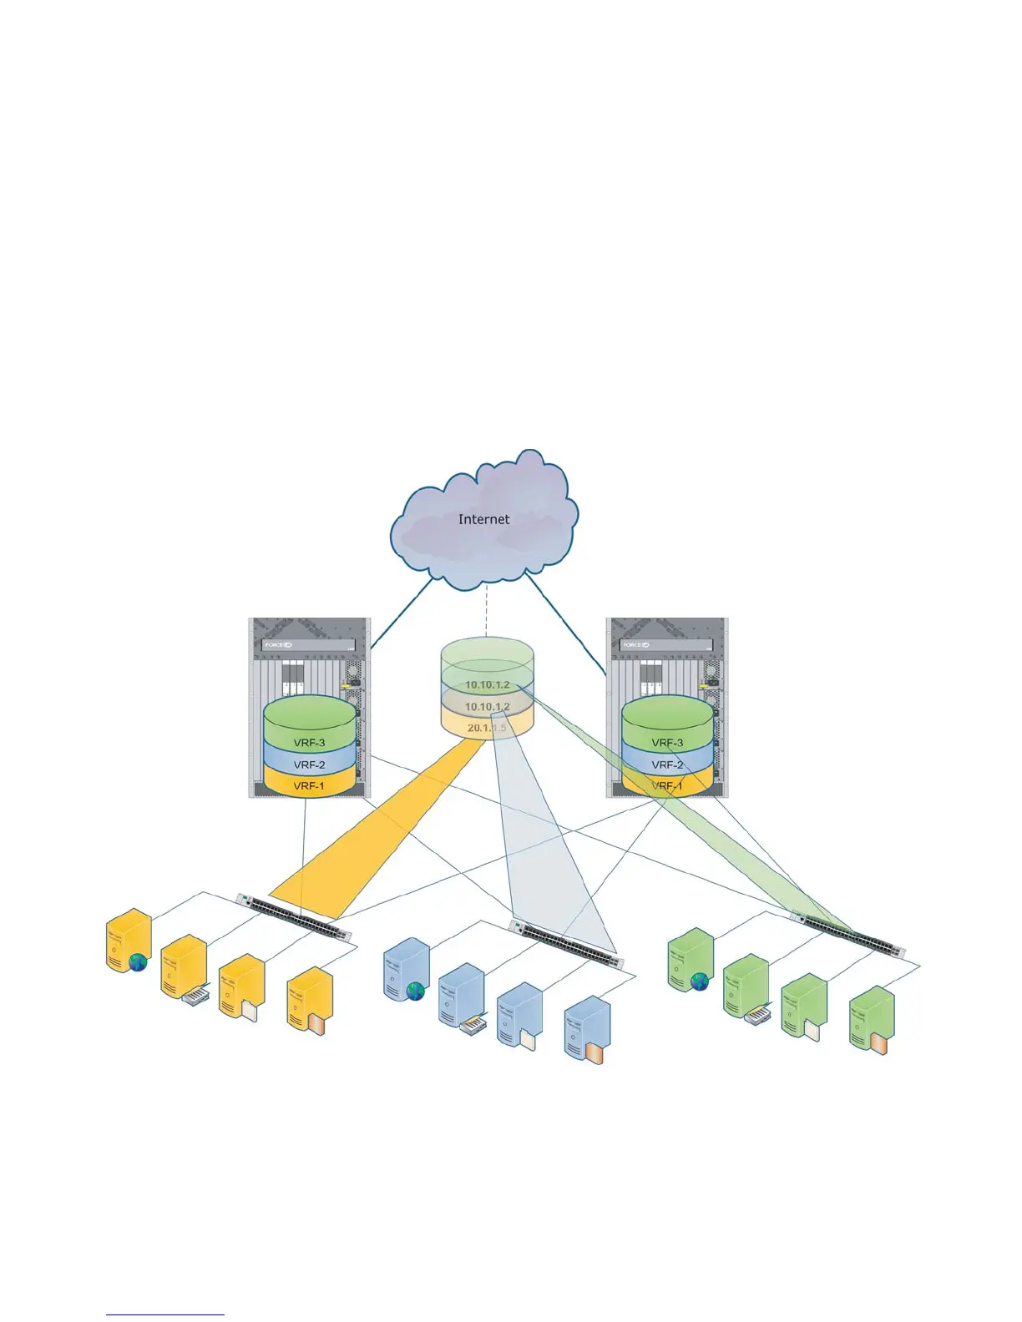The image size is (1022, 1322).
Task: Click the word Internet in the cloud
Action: pyautogui.click(x=483, y=519)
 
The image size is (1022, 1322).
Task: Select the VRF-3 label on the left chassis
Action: pyautogui.click(x=309, y=743)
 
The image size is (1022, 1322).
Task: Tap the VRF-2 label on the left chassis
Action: pyautogui.click(x=309, y=764)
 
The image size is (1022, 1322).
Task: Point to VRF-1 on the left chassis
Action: pyautogui.click(x=309, y=785)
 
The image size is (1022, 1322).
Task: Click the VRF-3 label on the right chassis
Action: pyautogui.click(x=667, y=743)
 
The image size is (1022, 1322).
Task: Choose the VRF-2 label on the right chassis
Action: pyautogui.click(x=667, y=764)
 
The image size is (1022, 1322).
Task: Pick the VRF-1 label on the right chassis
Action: pyautogui.click(x=667, y=785)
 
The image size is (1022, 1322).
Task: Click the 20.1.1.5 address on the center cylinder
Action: pyautogui.click(x=487, y=728)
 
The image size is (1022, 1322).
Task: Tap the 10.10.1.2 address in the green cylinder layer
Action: pyautogui.click(x=487, y=684)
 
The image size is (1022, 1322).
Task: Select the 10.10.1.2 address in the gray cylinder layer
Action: pyautogui.click(x=487, y=707)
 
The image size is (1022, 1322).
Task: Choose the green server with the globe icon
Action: pyautogui.click(x=691, y=961)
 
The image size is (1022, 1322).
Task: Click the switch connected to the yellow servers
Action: pyautogui.click(x=294, y=916)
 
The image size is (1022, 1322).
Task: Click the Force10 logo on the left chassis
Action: pyautogui.click(x=278, y=645)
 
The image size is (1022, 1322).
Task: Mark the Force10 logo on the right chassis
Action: pyautogui.click(x=634, y=645)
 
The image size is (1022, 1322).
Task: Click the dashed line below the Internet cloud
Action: pyautogui.click(x=486, y=611)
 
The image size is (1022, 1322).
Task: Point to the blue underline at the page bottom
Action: pyautogui.click(x=165, y=1315)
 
